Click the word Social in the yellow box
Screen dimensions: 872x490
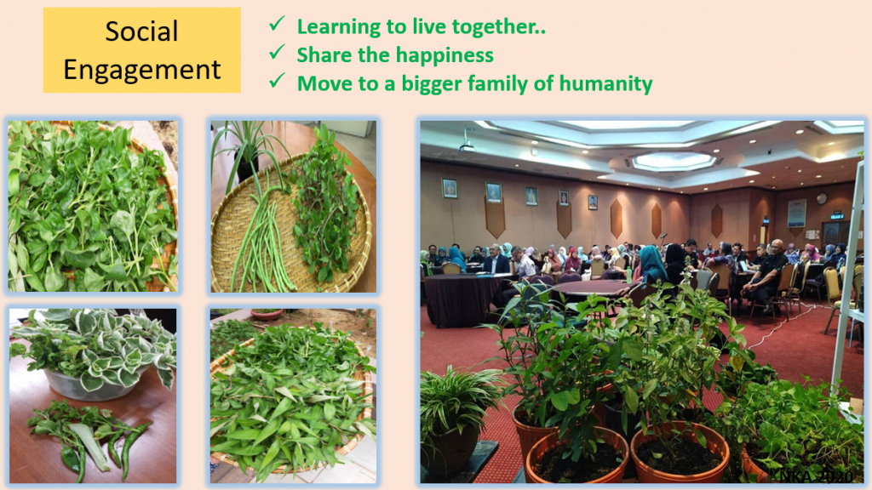coord(142,31)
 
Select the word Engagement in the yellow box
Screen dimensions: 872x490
coord(142,70)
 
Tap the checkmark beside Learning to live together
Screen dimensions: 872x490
coord(277,24)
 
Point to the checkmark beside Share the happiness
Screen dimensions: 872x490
coord(277,52)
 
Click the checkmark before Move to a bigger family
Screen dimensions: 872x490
coord(277,81)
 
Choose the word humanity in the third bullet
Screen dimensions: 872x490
coord(605,83)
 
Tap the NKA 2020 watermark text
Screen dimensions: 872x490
coord(816,476)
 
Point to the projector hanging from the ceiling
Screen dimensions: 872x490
coord(467,146)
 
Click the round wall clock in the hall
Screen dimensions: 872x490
coord(822,197)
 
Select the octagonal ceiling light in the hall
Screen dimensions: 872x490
coord(674,161)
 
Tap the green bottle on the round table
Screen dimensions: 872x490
coord(629,275)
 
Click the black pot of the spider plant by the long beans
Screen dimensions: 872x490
coord(247,168)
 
